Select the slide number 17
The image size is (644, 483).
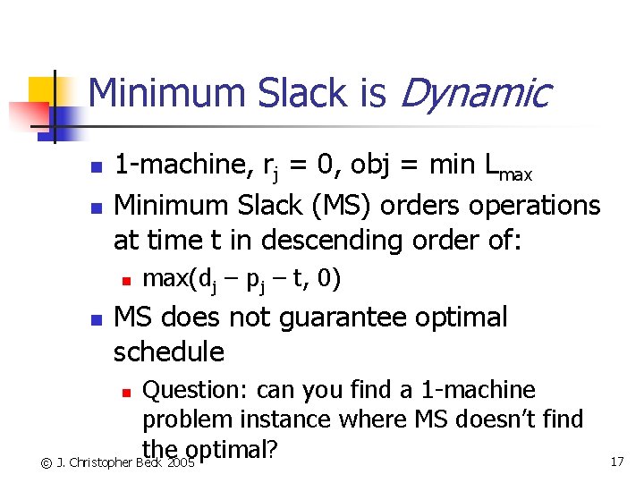(616, 462)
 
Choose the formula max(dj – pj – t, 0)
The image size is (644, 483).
(241, 279)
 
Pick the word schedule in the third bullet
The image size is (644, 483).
(168, 352)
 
